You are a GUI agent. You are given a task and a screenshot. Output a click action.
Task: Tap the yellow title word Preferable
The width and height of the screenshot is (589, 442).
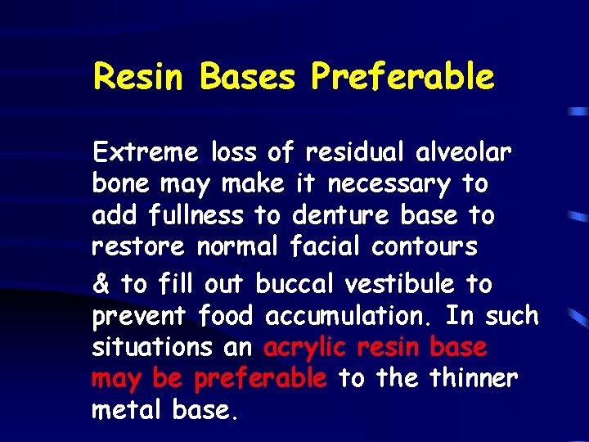point(402,77)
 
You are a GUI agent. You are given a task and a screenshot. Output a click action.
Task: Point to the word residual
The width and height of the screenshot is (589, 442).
point(357,152)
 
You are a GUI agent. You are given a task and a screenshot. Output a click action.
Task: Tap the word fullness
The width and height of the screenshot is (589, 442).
point(196,215)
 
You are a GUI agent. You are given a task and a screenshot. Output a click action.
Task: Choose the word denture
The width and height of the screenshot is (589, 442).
point(340,215)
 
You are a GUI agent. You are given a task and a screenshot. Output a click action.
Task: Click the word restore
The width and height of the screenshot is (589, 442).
point(140,246)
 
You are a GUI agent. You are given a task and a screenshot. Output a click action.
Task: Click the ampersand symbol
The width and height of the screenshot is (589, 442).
point(101,284)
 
